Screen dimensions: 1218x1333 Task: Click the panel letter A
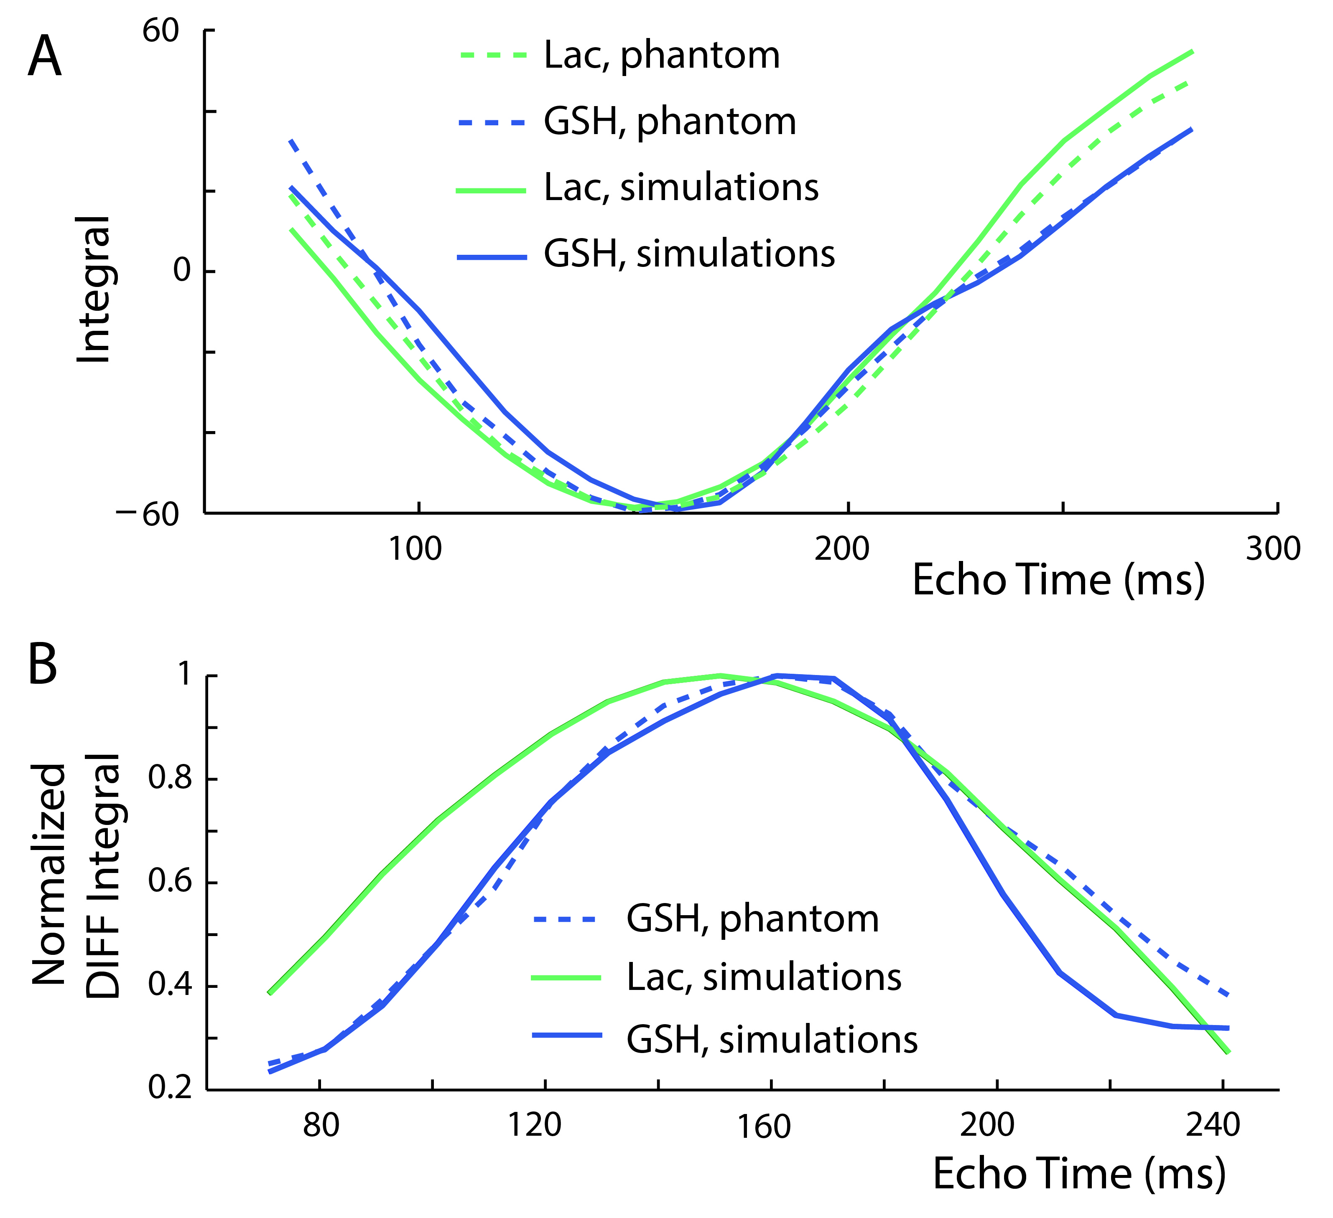[45, 58]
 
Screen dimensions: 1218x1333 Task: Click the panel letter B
[43, 666]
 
